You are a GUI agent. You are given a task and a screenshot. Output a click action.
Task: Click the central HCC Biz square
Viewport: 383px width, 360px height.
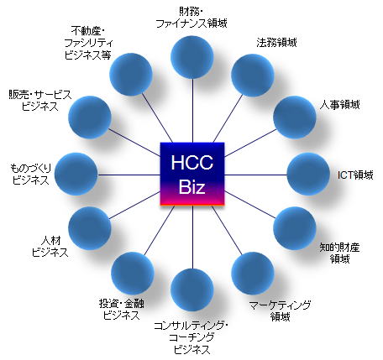192,174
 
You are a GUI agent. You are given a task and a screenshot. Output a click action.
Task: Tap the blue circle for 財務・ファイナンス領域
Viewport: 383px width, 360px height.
192,57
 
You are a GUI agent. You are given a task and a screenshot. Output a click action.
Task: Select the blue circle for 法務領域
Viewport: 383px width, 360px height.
253,75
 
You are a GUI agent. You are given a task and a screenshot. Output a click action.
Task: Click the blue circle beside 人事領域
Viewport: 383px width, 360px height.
295,117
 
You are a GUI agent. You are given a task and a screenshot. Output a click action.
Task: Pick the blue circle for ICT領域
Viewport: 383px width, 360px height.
308,174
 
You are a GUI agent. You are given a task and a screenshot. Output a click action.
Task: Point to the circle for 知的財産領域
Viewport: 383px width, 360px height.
295,228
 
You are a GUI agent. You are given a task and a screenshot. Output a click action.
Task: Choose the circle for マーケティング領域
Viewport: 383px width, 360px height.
253,274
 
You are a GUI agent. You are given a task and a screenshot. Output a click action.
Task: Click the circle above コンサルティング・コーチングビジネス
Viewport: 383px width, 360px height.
192,290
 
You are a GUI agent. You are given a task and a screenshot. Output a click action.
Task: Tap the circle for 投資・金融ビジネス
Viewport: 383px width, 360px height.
133,274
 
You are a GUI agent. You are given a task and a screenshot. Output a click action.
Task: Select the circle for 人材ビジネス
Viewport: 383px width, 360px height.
90,228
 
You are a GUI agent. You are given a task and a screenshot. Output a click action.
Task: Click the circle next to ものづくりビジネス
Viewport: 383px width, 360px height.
76,174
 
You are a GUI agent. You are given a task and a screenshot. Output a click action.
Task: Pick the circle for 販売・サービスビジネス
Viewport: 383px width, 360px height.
90,117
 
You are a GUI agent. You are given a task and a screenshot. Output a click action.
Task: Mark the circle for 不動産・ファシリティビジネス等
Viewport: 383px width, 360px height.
131,75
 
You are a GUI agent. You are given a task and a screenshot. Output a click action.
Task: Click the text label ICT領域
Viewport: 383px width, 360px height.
355,175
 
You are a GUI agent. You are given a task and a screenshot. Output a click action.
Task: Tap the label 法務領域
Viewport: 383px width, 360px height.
276,43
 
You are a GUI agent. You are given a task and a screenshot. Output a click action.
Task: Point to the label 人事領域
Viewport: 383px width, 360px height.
339,105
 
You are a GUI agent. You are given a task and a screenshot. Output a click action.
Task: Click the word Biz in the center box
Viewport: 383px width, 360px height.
192,187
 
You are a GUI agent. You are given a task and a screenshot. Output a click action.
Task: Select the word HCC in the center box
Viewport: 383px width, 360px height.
192,162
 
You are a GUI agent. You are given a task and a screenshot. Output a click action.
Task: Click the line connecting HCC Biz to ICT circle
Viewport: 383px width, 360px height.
256,175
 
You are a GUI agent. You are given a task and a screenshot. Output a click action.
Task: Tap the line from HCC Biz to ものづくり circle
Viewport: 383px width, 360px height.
129,175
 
